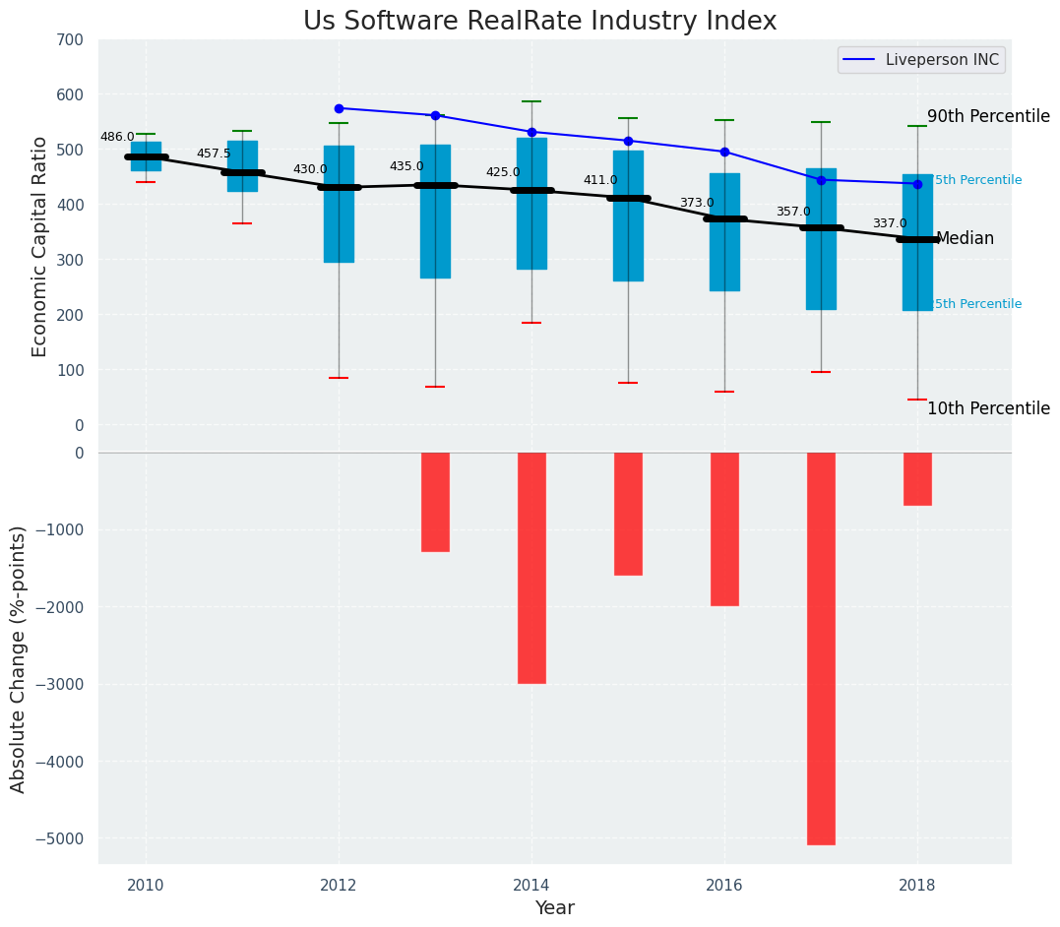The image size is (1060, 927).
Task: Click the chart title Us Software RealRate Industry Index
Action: click(539, 21)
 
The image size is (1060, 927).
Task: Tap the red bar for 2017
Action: click(821, 648)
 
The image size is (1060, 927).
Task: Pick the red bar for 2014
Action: click(531, 568)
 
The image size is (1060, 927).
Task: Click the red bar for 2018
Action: click(917, 479)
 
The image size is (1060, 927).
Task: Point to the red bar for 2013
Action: click(435, 502)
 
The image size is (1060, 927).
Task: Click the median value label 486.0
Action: click(117, 137)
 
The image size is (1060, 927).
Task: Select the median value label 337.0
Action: click(890, 223)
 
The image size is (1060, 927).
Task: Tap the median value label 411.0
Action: click(600, 180)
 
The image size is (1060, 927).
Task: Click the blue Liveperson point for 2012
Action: click(339, 108)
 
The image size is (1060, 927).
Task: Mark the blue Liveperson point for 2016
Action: click(724, 152)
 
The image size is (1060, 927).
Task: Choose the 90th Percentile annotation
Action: click(988, 116)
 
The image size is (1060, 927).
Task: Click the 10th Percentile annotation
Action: click(988, 408)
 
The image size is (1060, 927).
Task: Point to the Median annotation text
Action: click(965, 238)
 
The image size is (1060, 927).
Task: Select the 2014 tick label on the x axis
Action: click(531, 884)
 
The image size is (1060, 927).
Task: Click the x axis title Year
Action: click(554, 908)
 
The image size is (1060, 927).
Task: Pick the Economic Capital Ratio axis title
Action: click(40, 246)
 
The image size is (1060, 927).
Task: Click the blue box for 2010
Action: click(146, 156)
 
